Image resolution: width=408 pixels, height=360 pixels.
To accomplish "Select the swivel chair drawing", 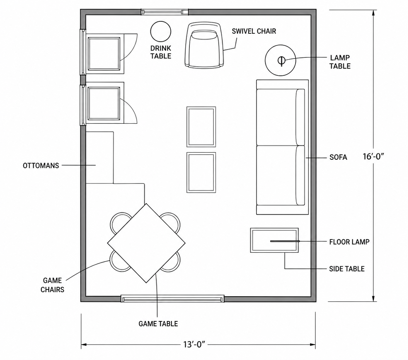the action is pyautogui.click(x=204, y=45).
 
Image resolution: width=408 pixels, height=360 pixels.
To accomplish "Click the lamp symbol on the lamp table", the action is pyautogui.click(x=281, y=61).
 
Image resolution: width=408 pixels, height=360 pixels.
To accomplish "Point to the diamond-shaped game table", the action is pyautogui.click(x=146, y=243).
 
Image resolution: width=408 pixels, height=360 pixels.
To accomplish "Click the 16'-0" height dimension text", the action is pyautogui.click(x=373, y=156).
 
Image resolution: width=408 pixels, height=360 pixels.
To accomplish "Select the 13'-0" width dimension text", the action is pyautogui.click(x=194, y=345).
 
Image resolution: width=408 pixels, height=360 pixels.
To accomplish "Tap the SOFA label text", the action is pyautogui.click(x=338, y=157).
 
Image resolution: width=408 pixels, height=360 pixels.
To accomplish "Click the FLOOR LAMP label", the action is pyautogui.click(x=349, y=242).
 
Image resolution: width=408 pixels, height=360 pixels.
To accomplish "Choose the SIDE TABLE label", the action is pyautogui.click(x=347, y=269).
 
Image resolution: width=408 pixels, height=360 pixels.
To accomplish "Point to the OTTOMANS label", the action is pyautogui.click(x=41, y=166).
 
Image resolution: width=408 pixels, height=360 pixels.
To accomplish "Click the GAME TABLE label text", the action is pyautogui.click(x=158, y=324).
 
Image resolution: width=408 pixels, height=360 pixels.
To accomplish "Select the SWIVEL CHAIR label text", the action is pyautogui.click(x=254, y=31).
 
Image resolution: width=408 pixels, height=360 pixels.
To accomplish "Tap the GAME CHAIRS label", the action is pyautogui.click(x=52, y=285).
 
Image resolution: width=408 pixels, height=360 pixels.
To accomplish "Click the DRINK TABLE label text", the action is pyautogui.click(x=161, y=52).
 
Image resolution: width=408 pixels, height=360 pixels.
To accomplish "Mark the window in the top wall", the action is pyautogui.click(x=165, y=12).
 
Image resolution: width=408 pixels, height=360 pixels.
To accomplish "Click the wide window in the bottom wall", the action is pyautogui.click(x=172, y=298).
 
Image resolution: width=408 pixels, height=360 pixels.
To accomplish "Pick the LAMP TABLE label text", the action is pyautogui.click(x=340, y=62).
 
